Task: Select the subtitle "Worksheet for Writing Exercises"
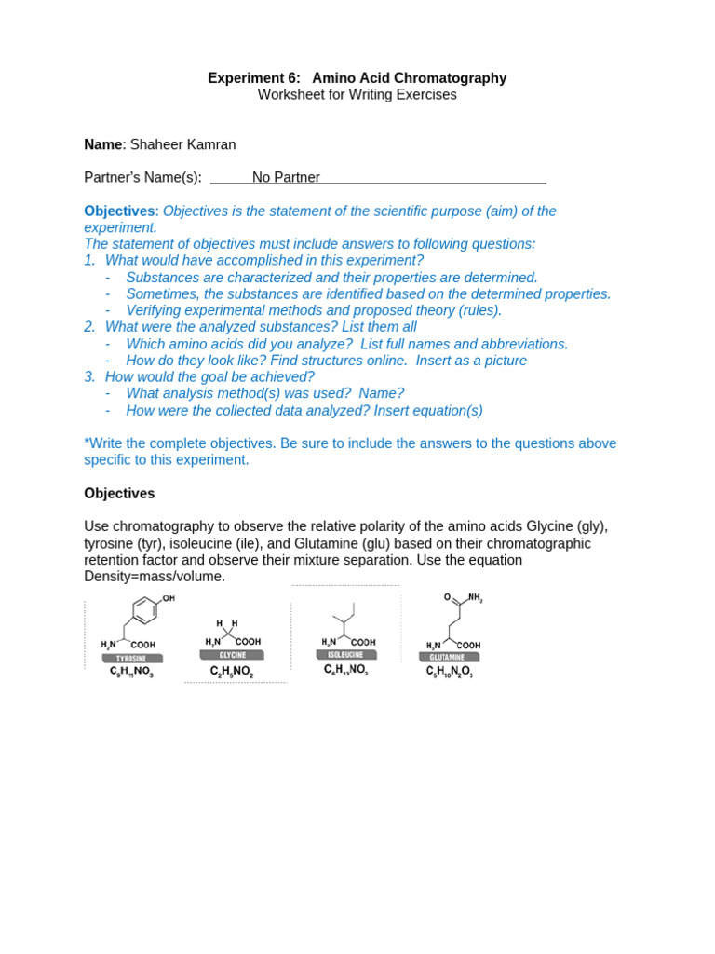(x=357, y=95)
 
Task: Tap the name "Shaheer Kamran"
(x=182, y=144)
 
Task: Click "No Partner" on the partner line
(x=286, y=177)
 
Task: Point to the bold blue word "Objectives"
(x=119, y=211)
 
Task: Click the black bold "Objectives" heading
(x=119, y=494)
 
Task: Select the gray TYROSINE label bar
(x=131, y=658)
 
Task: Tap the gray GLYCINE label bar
(x=232, y=655)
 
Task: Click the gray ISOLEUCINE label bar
(x=345, y=654)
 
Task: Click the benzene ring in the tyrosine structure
(x=144, y=611)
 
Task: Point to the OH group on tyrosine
(x=169, y=598)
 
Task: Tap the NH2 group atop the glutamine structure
(x=475, y=598)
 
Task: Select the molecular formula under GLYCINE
(x=232, y=671)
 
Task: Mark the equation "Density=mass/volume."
(x=155, y=577)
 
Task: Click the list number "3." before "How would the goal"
(x=89, y=377)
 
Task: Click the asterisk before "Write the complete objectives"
(x=87, y=443)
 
